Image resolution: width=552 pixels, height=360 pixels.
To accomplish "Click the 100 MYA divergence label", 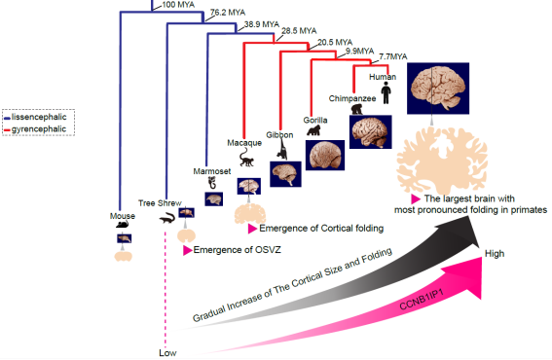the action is [x=178, y=5].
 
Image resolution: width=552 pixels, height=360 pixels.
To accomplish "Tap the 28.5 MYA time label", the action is [x=299, y=31].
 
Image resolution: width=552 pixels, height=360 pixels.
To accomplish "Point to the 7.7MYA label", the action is [x=393, y=56].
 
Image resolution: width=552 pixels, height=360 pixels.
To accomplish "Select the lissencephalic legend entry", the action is [x=35, y=117].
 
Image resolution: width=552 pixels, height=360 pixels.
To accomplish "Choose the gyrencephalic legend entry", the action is [x=35, y=129].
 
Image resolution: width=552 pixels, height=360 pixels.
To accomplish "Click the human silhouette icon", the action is [x=386, y=92].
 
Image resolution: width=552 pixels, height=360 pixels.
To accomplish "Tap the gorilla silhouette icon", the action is [x=313, y=130].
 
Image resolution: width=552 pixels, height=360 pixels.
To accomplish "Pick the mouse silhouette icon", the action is [x=123, y=224].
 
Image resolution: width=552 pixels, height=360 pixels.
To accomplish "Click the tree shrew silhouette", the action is [x=166, y=219].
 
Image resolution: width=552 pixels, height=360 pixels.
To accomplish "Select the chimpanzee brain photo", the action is [x=370, y=132].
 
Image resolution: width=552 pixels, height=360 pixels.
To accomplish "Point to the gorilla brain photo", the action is [x=325, y=156].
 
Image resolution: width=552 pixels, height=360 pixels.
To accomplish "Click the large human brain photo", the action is [x=438, y=89].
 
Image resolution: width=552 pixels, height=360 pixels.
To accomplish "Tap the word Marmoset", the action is [x=212, y=171].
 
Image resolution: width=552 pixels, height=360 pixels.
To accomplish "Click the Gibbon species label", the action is [x=279, y=135].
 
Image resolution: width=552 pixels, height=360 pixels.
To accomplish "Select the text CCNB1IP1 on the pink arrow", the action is [x=421, y=300].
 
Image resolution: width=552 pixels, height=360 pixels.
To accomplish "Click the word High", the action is [x=495, y=253].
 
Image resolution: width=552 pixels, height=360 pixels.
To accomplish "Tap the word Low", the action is [x=167, y=353].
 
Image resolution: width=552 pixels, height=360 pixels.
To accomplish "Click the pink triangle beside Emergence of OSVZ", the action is [x=187, y=250].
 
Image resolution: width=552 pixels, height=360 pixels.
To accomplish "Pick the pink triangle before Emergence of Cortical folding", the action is [x=252, y=229].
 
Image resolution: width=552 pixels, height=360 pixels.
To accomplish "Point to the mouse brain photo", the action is [x=125, y=238].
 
